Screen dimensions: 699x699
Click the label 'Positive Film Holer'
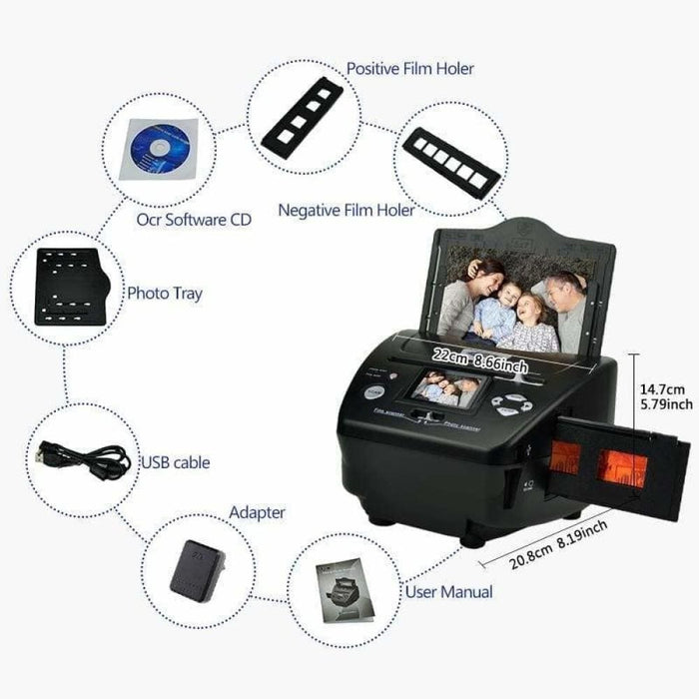tap(409, 69)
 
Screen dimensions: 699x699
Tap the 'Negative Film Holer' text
tap(347, 211)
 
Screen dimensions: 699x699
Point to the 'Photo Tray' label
tap(164, 294)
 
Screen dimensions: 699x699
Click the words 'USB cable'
tap(176, 463)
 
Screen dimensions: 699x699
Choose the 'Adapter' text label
tap(257, 512)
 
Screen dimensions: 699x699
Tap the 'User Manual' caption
tap(448, 591)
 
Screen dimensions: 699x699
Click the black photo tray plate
tap(66, 286)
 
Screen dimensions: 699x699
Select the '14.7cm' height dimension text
tap(664, 389)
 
